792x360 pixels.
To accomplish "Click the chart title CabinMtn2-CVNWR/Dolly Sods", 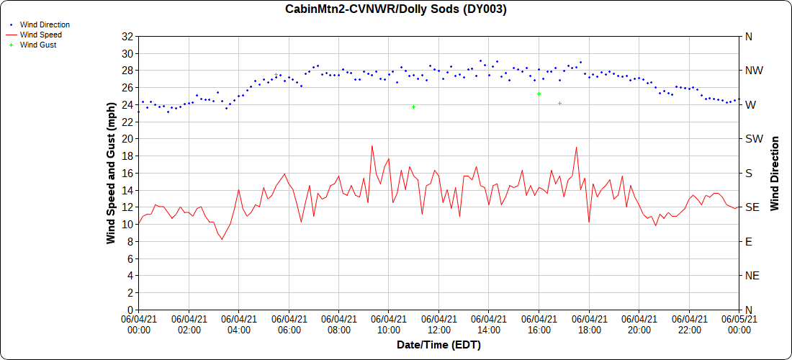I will pyautogui.click(x=396, y=9).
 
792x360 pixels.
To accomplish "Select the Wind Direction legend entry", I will pyautogui.click(x=45, y=24).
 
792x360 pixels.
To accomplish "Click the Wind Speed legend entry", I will pyautogui.click(x=40, y=35).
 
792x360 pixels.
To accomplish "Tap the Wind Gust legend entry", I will pyautogui.click(x=38, y=45).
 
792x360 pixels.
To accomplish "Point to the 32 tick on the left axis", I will pyautogui.click(x=128, y=37).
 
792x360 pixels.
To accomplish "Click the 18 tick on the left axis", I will pyautogui.click(x=128, y=156).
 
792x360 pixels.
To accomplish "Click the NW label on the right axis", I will pyautogui.click(x=753, y=71).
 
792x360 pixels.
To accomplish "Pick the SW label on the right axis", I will pyautogui.click(x=753, y=139).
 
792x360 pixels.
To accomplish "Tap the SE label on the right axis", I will pyautogui.click(x=752, y=207).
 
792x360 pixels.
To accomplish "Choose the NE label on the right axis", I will pyautogui.click(x=752, y=276).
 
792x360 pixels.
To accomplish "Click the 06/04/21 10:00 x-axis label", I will pyautogui.click(x=389, y=325).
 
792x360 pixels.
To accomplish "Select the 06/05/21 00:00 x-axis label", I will pyautogui.click(x=739, y=325).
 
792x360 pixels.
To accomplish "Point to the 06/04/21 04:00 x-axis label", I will pyautogui.click(x=239, y=325).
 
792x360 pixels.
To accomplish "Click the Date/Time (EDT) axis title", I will pyautogui.click(x=438, y=345).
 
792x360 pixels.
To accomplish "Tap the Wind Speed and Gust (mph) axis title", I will pyautogui.click(x=111, y=172).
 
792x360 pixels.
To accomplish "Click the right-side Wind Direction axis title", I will pyautogui.click(x=775, y=173).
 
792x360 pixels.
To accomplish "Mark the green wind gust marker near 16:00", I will pyautogui.click(x=539, y=94).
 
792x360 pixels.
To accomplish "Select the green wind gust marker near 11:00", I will pyautogui.click(x=413, y=107).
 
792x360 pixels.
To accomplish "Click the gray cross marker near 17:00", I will pyautogui.click(x=559, y=104).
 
